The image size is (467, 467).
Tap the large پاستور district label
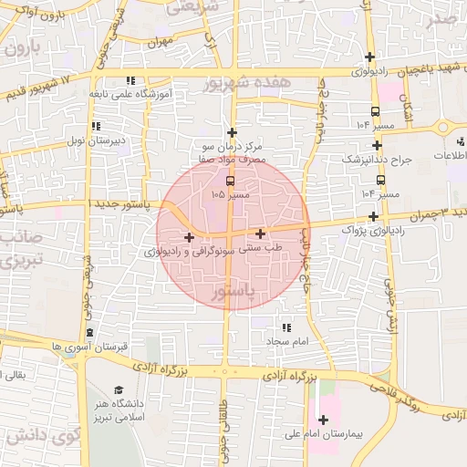tap(233, 294)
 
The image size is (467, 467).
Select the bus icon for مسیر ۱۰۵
tap(228, 181)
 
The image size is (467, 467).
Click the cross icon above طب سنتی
tap(261, 233)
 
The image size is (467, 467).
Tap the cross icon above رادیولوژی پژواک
tap(373, 216)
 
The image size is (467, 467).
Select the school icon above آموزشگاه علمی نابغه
tap(130, 80)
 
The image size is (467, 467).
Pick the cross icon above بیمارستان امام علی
tap(323, 420)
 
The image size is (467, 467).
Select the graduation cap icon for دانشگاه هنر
tap(118, 389)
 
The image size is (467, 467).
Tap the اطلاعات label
tap(451, 155)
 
